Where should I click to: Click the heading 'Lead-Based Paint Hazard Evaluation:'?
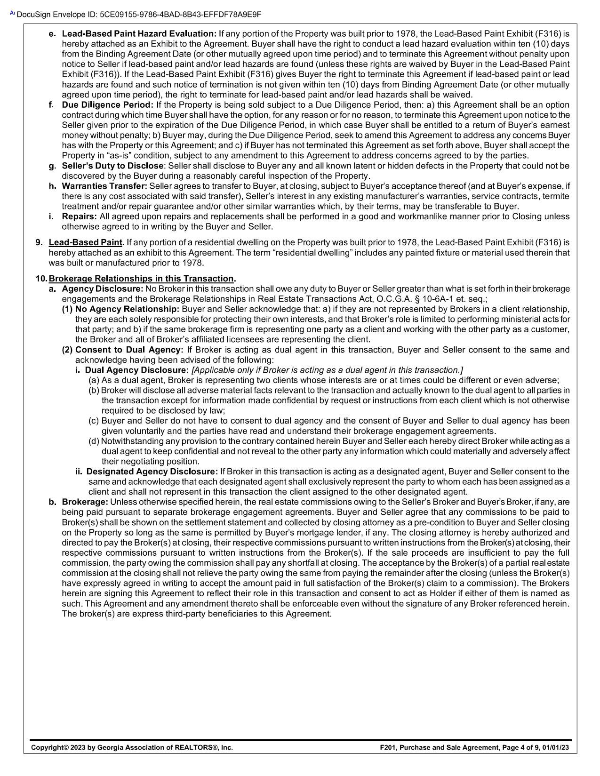(x=139, y=34)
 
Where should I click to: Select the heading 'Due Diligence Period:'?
(x=108, y=105)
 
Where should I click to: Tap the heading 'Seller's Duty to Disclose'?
(x=113, y=166)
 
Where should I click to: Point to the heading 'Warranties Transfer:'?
(x=104, y=186)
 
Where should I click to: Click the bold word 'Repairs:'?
(x=80, y=217)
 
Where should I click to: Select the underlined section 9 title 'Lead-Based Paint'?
(x=86, y=243)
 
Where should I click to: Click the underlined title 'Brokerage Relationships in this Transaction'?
(x=141, y=279)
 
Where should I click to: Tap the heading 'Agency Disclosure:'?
(x=102, y=289)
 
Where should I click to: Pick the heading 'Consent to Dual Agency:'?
(x=129, y=350)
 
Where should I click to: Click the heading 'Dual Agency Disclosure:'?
(x=136, y=370)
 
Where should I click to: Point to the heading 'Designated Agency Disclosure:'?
(x=152, y=472)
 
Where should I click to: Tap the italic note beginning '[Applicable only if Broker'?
(x=327, y=370)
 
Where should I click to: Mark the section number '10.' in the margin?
(x=41, y=279)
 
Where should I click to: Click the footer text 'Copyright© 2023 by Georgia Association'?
(x=132, y=747)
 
